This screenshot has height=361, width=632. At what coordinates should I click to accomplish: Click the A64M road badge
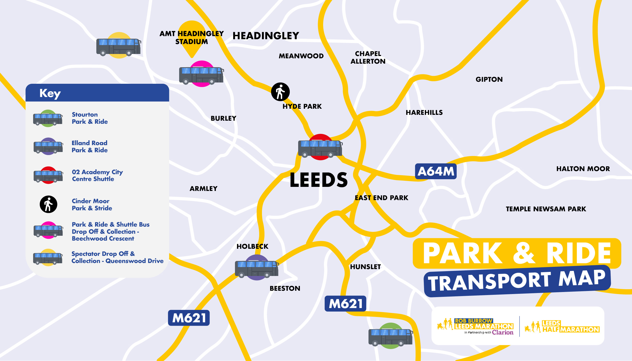pyautogui.click(x=436, y=171)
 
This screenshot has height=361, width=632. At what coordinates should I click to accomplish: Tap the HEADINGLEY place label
pyautogui.click(x=266, y=36)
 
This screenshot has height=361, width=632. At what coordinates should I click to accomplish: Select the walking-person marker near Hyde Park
pyautogui.click(x=280, y=92)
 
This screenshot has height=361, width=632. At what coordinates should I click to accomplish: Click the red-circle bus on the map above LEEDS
pyautogui.click(x=320, y=148)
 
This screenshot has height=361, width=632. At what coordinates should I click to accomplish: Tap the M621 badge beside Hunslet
pyautogui.click(x=345, y=303)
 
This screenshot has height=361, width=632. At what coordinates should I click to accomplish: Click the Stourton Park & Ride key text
pyautogui.click(x=90, y=118)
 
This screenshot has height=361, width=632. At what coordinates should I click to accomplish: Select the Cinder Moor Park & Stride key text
pyautogui.click(x=92, y=205)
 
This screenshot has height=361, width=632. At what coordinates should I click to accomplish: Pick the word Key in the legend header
pyautogui.click(x=50, y=93)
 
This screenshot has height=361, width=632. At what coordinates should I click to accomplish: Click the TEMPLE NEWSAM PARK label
pyautogui.click(x=546, y=209)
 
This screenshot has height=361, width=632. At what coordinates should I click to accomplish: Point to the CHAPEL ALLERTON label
pyautogui.click(x=368, y=58)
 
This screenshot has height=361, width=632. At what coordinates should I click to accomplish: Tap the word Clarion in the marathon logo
pyautogui.click(x=503, y=332)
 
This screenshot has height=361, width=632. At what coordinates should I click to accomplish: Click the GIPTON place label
pyautogui.click(x=489, y=79)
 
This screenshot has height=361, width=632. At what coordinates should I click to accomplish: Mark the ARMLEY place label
pyautogui.click(x=204, y=189)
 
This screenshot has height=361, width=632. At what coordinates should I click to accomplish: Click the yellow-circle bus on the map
pyautogui.click(x=118, y=46)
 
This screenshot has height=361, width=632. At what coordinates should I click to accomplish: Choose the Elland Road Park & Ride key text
pyautogui.click(x=89, y=147)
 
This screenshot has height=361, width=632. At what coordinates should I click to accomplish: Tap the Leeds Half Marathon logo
pyautogui.click(x=562, y=327)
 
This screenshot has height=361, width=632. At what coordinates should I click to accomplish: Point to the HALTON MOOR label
pyautogui.click(x=583, y=169)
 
